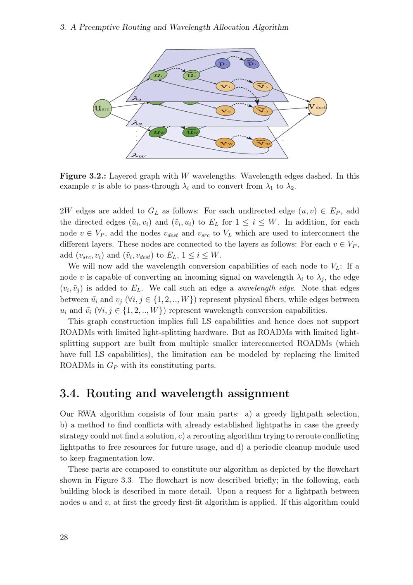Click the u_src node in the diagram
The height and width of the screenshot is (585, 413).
[x=102, y=108]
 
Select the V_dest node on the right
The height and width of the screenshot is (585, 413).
[x=317, y=107]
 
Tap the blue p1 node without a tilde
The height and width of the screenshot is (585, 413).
[x=223, y=64]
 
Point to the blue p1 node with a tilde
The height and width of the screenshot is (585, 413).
[x=251, y=63]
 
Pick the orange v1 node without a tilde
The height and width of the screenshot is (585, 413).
[x=225, y=86]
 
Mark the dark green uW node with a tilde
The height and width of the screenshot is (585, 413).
[x=191, y=132]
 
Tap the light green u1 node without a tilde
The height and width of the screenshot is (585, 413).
[x=157, y=76]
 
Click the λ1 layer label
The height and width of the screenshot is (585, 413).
[x=137, y=99]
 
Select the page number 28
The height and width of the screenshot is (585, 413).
[x=64, y=537]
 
